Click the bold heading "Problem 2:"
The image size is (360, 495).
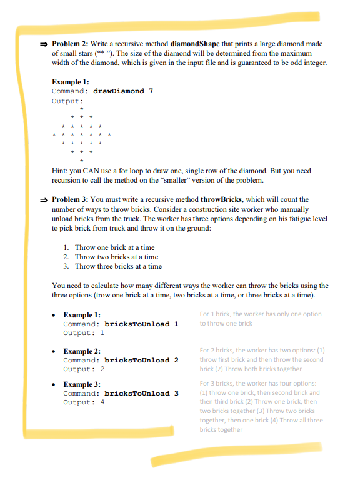(70, 44)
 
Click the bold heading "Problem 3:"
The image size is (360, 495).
(70, 199)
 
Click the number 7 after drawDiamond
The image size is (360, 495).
(150, 91)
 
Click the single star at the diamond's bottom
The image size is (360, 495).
(82, 159)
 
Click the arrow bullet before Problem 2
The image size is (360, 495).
(44, 44)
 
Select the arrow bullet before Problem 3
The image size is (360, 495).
(44, 199)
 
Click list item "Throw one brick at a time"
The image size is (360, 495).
(114, 247)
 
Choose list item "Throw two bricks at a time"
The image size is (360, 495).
(116, 257)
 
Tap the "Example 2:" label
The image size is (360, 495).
(82, 352)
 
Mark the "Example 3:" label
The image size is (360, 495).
(82, 384)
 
